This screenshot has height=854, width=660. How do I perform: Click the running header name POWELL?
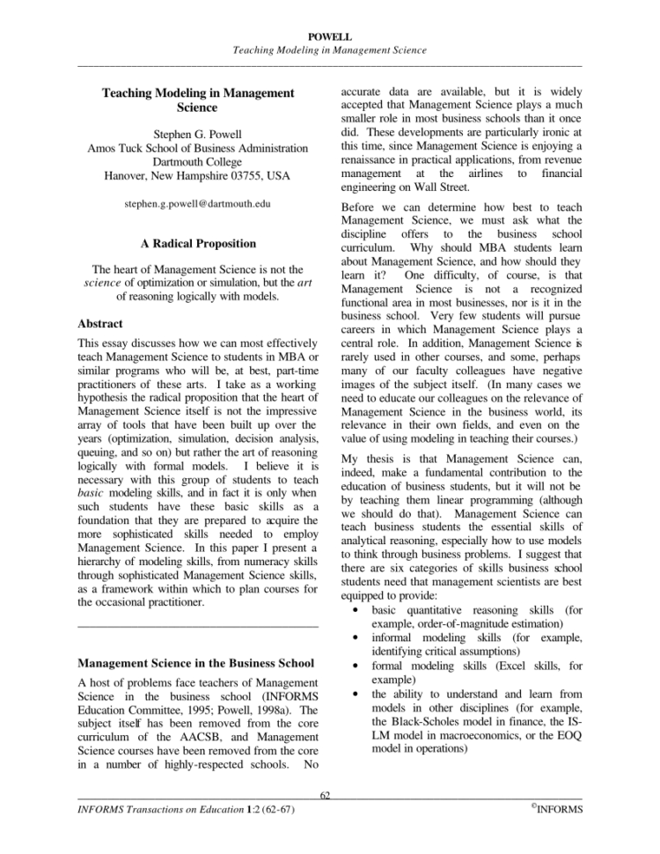click(330, 38)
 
